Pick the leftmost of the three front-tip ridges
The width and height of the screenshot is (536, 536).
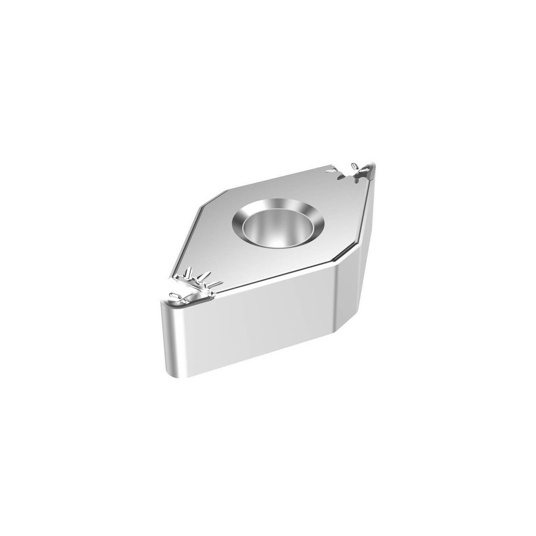click(x=190, y=276)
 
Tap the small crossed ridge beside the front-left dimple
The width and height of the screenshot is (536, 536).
click(x=185, y=293)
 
